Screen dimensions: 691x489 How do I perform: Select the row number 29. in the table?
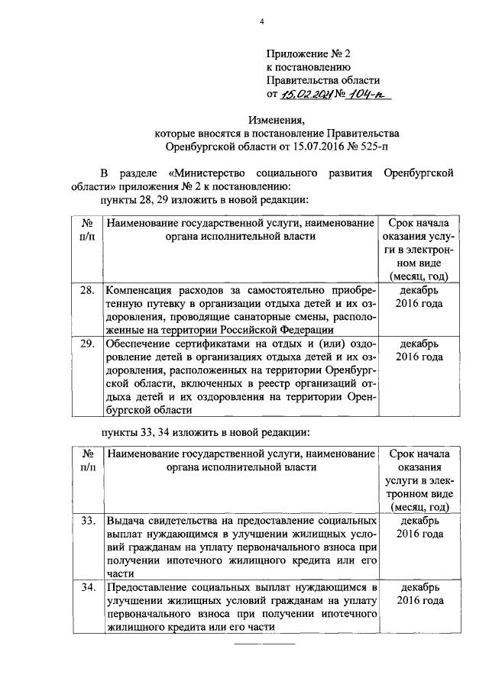87,343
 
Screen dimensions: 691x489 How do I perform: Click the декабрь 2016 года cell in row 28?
419,297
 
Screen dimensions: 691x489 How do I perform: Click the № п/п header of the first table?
87,230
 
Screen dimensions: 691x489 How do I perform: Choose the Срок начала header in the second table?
419,454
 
